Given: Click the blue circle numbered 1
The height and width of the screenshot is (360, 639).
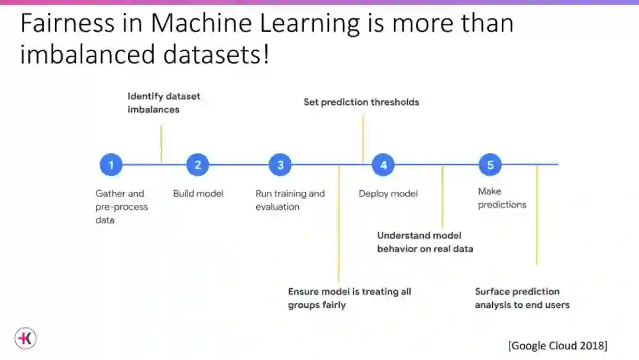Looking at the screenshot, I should point(111,165).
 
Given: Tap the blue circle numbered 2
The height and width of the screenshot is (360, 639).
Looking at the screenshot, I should point(198,165).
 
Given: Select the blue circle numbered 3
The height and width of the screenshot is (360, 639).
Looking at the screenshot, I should point(280,165).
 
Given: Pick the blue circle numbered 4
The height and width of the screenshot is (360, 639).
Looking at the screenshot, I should point(383,165).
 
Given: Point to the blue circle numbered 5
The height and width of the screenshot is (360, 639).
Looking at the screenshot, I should point(490,165).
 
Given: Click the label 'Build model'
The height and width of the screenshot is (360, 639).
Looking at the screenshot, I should point(198,193).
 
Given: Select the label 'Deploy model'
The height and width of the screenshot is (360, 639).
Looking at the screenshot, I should point(388,194).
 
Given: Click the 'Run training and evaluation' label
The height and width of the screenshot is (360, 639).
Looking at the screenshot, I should point(290,200).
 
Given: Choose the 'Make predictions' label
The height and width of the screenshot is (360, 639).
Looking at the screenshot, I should point(502,198).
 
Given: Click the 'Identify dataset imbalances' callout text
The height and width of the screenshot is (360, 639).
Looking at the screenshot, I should point(164,102).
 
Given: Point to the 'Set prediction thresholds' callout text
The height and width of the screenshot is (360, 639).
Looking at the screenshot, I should point(361,102).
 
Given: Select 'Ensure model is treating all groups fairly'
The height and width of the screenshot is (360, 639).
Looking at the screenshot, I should point(349,298).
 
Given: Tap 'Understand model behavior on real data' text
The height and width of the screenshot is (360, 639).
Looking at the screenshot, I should point(425,242).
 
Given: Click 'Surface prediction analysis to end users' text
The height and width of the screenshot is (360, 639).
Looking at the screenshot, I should point(522,298).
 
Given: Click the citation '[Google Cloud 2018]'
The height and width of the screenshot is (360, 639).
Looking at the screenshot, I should point(557,345).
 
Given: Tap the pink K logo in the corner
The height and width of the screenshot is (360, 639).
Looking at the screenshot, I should point(25,339).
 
